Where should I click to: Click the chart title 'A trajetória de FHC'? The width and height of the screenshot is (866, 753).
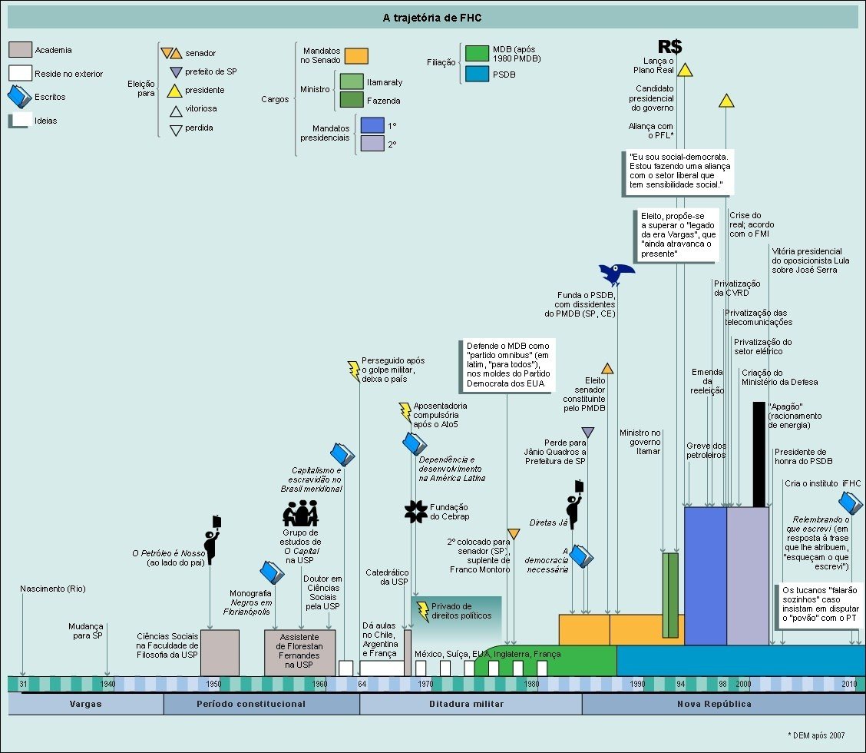click(x=432, y=17)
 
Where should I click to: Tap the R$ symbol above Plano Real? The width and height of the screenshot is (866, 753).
click(x=669, y=47)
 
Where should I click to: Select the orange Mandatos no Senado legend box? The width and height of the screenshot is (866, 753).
click(x=356, y=56)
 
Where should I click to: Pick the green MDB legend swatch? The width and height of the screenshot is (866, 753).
click(x=477, y=53)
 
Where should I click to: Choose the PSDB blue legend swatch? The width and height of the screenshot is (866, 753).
click(x=477, y=75)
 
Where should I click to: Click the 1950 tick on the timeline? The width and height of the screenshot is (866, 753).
click(x=213, y=684)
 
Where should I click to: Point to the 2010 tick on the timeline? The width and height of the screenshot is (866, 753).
click(x=849, y=684)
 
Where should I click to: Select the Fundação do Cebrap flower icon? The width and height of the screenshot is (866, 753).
click(x=415, y=511)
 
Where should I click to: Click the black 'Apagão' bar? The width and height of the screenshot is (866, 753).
click(x=759, y=454)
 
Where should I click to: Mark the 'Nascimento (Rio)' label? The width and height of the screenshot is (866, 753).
click(x=53, y=589)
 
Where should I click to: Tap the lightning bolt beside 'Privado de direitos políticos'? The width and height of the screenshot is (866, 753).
click(x=422, y=612)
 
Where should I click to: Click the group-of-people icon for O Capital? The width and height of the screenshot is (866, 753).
click(x=300, y=513)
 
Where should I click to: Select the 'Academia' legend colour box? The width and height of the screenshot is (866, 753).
click(x=20, y=50)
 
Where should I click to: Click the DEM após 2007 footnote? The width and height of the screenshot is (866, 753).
click(x=821, y=735)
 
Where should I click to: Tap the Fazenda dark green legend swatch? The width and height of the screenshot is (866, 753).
click(x=351, y=100)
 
